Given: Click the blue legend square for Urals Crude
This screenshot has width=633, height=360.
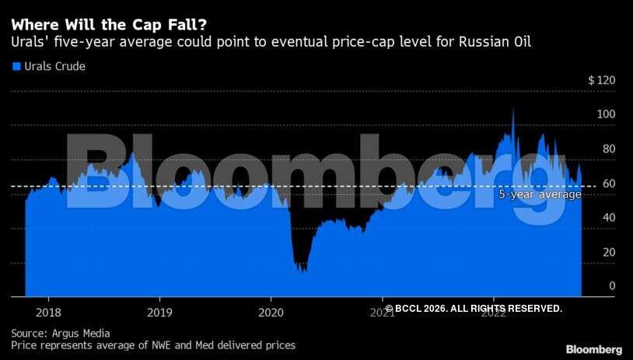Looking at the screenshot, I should coord(16,67).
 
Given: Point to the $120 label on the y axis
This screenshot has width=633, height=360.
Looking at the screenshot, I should coord(601,81).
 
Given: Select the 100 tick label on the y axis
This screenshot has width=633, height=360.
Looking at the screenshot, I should coord(606,115).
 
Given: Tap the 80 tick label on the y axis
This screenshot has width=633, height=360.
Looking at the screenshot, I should coord(608,149).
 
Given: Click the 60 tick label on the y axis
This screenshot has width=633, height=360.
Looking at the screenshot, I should coord(608,183).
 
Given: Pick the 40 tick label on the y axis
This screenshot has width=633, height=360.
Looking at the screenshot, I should coord(608,218).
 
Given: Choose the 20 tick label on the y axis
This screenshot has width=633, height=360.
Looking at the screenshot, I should coord(608,252).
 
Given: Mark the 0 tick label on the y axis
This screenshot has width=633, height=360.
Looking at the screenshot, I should coord(611,286).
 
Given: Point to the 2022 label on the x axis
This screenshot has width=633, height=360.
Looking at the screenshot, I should coord(493,313).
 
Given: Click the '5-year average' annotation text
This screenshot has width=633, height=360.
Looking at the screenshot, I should coord(540,195).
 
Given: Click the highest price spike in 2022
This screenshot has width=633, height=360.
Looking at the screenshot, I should coord(513,109).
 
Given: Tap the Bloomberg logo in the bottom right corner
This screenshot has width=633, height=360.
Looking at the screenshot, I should coord(593,349).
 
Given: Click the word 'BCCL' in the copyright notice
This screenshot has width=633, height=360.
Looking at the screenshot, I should coord(410,309).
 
